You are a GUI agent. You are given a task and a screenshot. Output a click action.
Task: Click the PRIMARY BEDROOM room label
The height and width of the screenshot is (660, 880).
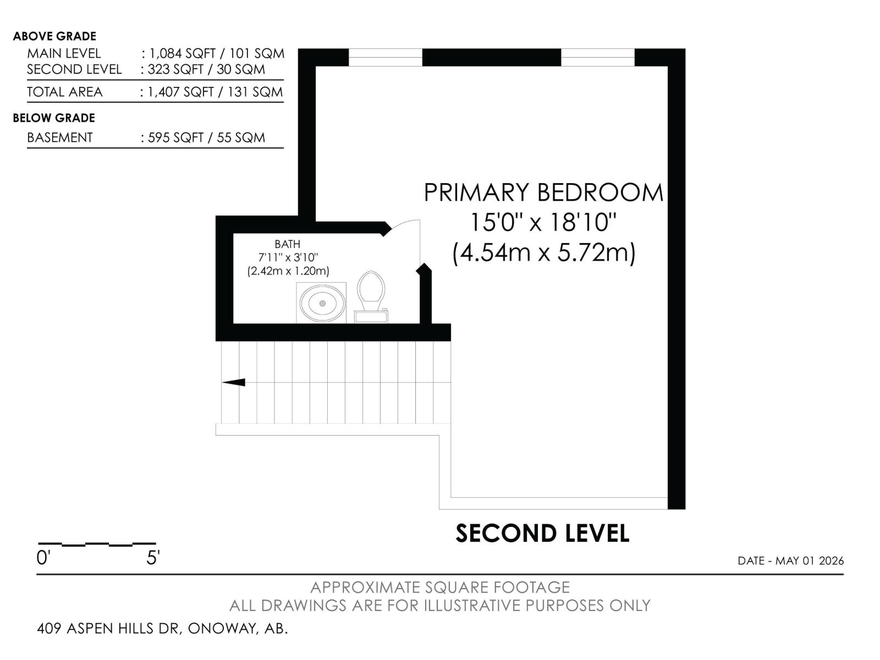coord(543,193)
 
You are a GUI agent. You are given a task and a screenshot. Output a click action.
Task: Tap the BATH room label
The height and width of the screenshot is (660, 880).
coord(287,244)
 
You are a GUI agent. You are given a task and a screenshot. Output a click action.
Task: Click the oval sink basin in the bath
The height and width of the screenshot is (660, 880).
coord(322,303)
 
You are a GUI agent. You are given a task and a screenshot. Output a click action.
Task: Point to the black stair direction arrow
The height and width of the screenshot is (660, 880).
coord(233,382)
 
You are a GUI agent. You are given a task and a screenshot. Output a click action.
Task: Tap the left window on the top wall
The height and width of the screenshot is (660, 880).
coord(386,57)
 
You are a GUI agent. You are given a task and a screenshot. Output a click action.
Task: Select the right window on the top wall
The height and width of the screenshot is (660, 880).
coord(597,57)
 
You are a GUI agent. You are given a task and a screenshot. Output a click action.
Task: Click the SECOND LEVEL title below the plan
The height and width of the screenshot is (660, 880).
coord(542,533)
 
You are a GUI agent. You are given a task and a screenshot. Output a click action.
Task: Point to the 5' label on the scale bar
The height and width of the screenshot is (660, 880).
coord(153,557)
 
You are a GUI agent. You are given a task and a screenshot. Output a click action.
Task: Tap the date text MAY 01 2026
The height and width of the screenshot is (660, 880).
coord(810,560)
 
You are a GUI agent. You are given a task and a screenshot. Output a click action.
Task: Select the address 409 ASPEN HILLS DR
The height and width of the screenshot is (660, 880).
coord(107,628)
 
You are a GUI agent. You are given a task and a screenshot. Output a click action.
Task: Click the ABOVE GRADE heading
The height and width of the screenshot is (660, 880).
coord(54,36)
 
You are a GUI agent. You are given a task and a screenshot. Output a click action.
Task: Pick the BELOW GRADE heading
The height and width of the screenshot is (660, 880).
coord(54,118)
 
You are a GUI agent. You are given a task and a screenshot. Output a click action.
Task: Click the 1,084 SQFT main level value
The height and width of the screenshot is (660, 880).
coord(183,53)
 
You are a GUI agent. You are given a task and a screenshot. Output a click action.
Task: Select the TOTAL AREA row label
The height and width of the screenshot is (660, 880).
coord(64,92)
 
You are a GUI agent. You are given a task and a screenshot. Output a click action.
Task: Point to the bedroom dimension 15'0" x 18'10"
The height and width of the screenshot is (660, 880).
coord(543,222)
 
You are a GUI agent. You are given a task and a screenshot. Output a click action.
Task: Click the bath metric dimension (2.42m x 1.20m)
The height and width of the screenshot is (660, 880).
coord(288,271)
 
